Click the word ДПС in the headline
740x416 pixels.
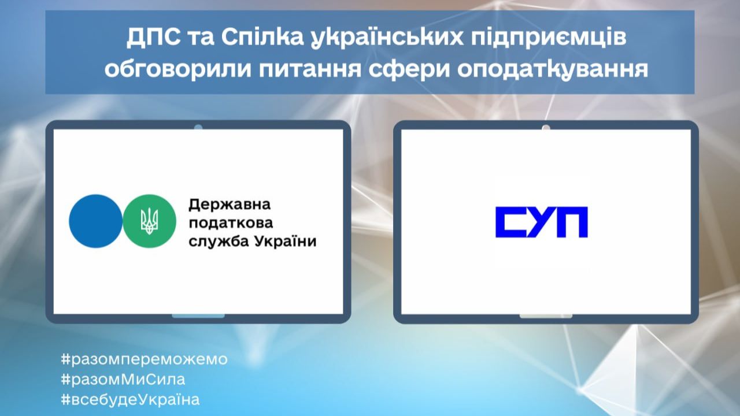pos(154,38)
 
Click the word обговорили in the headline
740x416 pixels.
pos(177,69)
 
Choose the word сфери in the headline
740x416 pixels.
pos(409,70)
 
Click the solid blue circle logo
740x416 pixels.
pos(95,221)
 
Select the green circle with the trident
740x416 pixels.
pos(149,221)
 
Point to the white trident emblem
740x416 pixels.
pos(149,221)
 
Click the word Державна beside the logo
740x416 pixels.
pos(230,205)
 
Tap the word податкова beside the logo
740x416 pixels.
pos(231,223)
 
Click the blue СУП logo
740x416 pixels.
pos(542,222)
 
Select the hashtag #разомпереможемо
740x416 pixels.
pos(145,359)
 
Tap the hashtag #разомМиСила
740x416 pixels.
pos(123,380)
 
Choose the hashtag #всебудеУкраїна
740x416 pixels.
pos(130,400)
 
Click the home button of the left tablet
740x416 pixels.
pos(198,316)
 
